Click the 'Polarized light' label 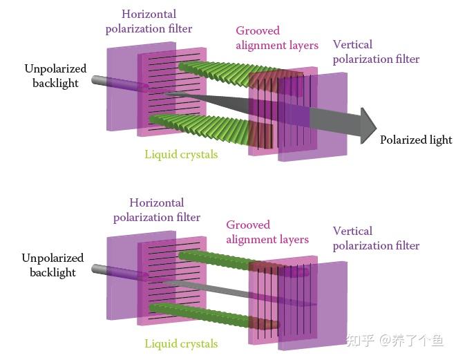coord(416,140)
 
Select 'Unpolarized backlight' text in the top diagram coord(55,76)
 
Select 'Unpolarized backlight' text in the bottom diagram coord(53,265)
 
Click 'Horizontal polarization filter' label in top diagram coord(149,21)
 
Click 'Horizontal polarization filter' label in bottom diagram coord(157,210)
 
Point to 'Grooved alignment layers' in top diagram coord(277,38)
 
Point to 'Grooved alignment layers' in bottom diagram coord(267,232)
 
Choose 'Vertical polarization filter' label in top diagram coord(376,52)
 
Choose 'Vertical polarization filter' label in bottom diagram coord(376,238)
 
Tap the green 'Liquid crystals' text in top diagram coord(181,154)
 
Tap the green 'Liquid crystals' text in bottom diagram coord(181,343)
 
